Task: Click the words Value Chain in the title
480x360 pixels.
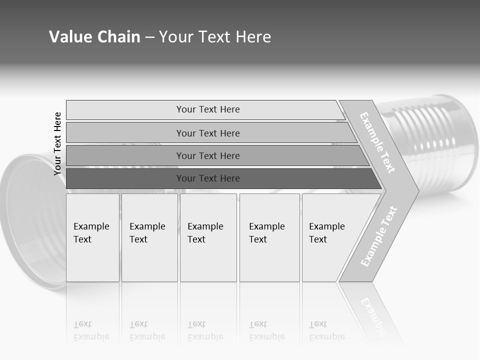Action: (x=94, y=37)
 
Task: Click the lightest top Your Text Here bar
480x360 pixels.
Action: (x=207, y=109)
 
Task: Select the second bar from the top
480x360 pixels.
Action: (x=207, y=133)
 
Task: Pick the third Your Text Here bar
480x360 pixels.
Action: (x=207, y=155)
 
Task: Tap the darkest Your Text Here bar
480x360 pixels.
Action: (x=207, y=178)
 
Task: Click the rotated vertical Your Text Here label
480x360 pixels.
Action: (x=57, y=143)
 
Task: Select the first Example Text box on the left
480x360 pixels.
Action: (x=92, y=237)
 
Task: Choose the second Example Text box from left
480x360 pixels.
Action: (x=149, y=237)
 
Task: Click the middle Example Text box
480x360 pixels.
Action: (x=208, y=237)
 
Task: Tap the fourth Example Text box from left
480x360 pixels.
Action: (x=269, y=237)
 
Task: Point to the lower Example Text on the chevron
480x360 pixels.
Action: (x=379, y=236)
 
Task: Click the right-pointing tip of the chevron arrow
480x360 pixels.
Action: (x=416, y=190)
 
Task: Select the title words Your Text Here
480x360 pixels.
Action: (x=215, y=37)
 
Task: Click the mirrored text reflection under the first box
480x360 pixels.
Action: (x=91, y=330)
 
